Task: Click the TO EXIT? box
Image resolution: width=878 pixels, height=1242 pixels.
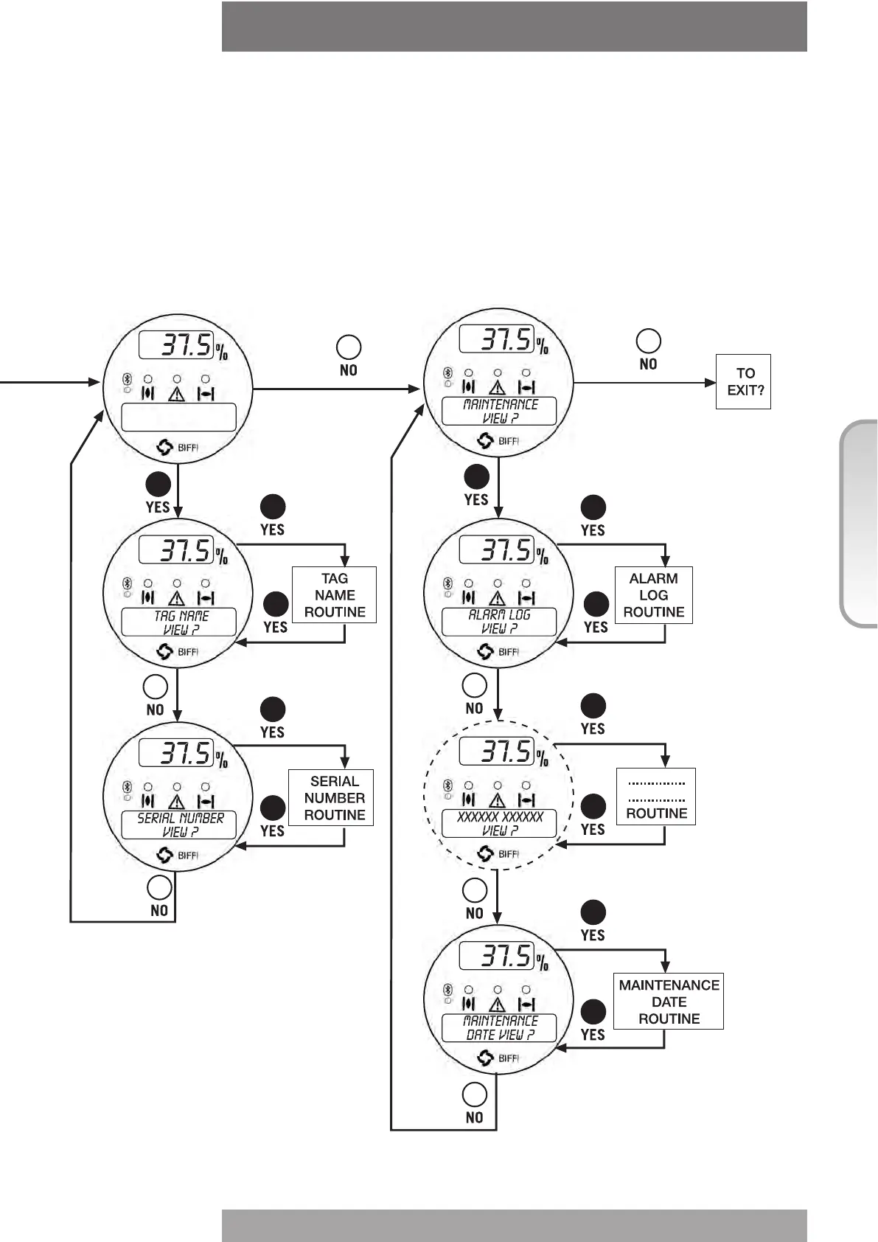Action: click(743, 381)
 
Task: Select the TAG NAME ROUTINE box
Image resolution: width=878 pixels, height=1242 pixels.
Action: click(334, 595)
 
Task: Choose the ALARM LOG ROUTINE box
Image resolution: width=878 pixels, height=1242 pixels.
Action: click(653, 595)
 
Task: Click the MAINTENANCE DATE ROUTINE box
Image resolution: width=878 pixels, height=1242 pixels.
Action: click(669, 1002)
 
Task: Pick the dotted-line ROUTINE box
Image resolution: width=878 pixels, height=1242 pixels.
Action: click(656, 797)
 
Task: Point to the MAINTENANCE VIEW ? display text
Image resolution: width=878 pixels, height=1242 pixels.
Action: click(500, 412)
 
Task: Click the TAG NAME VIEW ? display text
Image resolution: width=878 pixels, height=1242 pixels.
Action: click(180, 622)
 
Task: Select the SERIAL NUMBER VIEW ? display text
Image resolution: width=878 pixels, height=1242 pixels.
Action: click(180, 825)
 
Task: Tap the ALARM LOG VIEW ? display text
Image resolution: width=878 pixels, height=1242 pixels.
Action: click(500, 622)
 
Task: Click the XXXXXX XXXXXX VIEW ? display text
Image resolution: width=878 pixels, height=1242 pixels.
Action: click(500, 824)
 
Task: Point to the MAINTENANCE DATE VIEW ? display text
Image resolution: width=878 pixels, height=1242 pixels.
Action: click(500, 1028)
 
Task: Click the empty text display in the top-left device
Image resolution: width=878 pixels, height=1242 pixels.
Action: click(178, 417)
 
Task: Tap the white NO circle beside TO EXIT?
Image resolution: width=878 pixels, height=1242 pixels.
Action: click(648, 341)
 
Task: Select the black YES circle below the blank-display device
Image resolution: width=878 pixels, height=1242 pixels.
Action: click(158, 484)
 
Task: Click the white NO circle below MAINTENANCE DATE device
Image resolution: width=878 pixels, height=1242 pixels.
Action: click(474, 1094)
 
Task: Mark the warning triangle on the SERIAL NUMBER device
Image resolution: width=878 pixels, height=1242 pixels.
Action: click(177, 802)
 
